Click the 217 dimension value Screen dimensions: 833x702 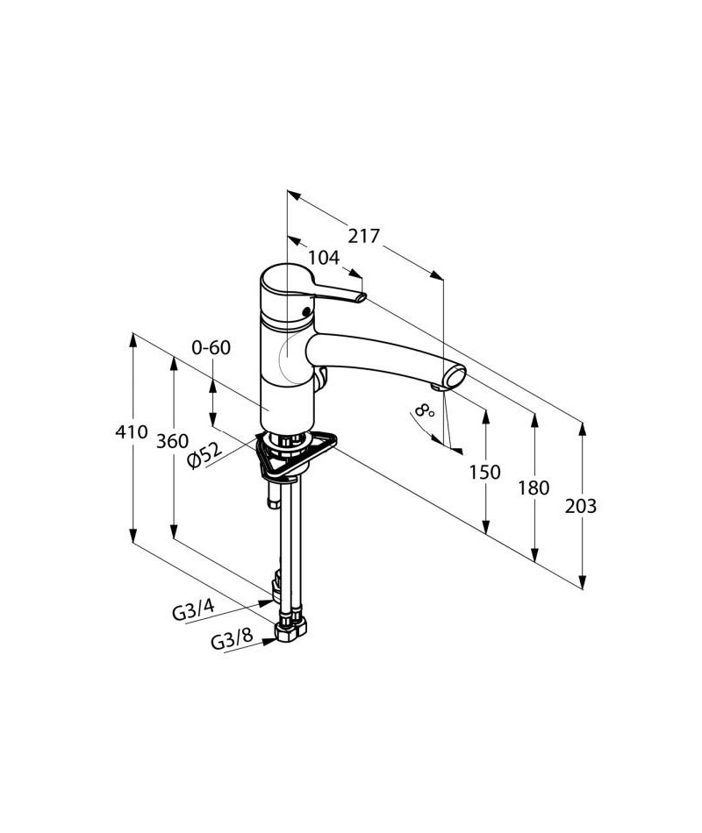(x=363, y=236)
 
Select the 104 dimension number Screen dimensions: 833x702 (x=324, y=258)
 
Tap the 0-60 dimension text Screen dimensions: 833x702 (x=211, y=347)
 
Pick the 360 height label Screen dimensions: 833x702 (x=173, y=441)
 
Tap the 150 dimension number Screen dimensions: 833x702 (x=484, y=473)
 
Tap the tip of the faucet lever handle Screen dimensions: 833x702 (x=357, y=299)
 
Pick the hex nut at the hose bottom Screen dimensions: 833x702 (x=290, y=630)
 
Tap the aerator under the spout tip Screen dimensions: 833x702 (x=438, y=387)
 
